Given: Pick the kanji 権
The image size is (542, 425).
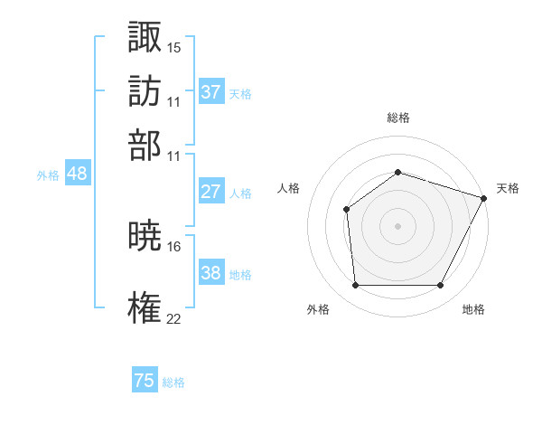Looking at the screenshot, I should [x=145, y=307].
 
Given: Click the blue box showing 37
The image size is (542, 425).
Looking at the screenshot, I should [x=210, y=92].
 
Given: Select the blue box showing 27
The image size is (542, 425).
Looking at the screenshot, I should [x=210, y=192].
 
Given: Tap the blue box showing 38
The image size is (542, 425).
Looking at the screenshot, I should [x=210, y=273].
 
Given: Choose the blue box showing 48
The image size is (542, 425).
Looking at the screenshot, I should [x=77, y=174].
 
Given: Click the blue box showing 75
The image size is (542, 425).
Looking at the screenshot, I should [x=145, y=381].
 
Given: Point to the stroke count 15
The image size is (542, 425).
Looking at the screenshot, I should [x=174, y=46].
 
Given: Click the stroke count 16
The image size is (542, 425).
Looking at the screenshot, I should [x=174, y=246].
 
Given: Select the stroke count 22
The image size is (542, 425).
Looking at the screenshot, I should [x=174, y=318].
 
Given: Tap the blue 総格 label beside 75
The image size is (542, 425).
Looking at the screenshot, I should [x=174, y=382].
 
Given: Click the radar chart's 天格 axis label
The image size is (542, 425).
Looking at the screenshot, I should [x=508, y=188].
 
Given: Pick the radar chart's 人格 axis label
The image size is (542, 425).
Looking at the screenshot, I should [x=289, y=188].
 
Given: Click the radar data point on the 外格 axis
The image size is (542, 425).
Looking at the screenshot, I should [x=355, y=286].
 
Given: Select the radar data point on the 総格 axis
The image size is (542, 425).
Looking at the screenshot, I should [x=397, y=172].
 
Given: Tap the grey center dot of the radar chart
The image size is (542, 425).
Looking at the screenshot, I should [x=397, y=225].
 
